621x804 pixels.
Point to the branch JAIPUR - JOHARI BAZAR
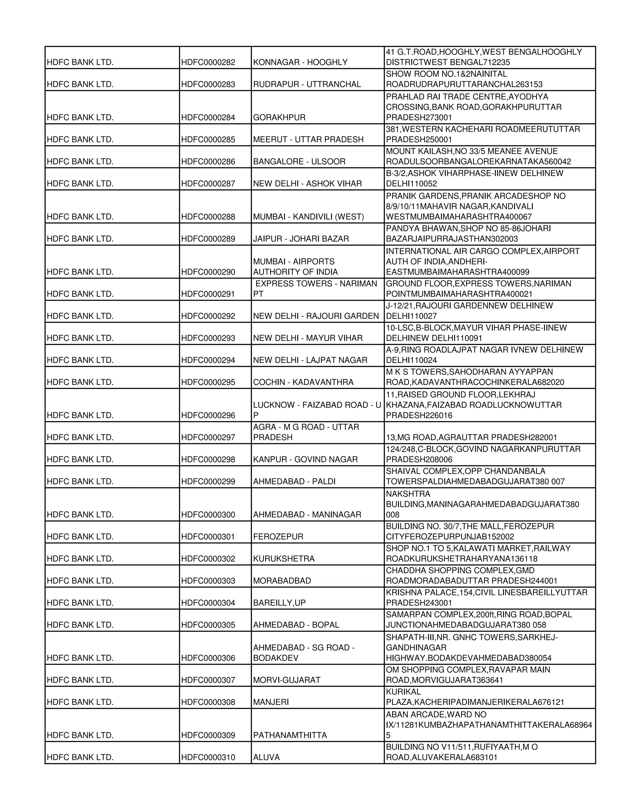[x=301, y=239]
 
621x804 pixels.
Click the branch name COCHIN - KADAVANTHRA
[x=303, y=382]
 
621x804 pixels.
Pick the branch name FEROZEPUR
[x=278, y=537]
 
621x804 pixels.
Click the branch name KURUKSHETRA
[x=284, y=559]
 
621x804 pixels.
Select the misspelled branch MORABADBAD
[x=282, y=581]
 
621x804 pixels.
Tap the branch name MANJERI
[x=271, y=702]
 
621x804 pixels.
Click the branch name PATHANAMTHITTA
[x=290, y=735]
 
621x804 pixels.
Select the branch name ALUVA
[x=266, y=757]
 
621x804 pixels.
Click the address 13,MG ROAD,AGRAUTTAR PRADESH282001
[x=471, y=437]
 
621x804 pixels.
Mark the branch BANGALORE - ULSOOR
[x=299, y=162]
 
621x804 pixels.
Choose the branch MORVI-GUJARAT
[x=287, y=680]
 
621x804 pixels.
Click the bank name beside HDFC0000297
[x=80, y=437]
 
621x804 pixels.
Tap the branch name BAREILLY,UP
[x=279, y=603]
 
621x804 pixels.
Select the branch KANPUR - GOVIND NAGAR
[x=305, y=459]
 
